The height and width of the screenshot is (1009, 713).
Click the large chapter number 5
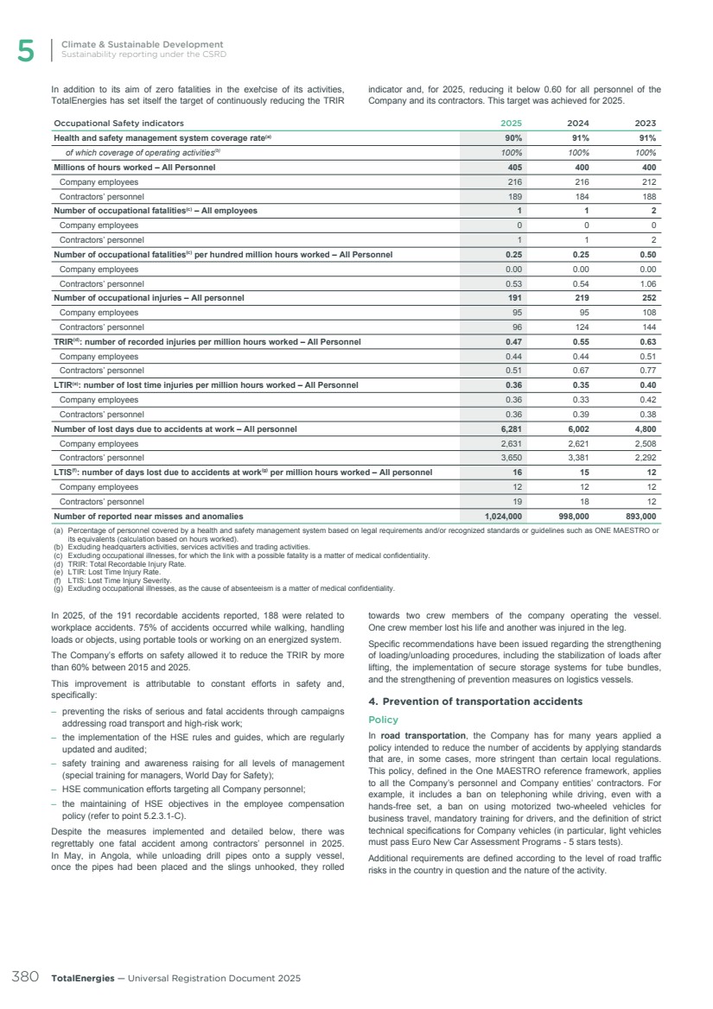pos(26,51)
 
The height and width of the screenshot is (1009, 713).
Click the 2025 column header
pos(512,123)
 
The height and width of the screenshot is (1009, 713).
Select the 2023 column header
pos(645,123)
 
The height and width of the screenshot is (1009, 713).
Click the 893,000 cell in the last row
pos(639,517)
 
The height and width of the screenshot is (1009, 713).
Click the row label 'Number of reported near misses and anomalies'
pos(149,517)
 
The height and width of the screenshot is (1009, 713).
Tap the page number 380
pos(23,977)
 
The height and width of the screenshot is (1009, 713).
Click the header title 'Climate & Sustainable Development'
pos(142,44)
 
